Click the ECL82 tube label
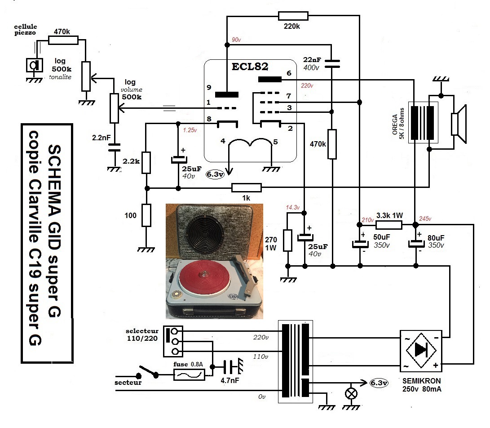250,67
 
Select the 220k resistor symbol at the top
293,16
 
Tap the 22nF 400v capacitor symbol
332,63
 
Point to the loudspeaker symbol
459,124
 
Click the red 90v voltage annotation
236,40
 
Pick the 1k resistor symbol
247,188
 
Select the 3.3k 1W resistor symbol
389,225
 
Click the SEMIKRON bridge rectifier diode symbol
421,350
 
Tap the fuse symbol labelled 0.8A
190,374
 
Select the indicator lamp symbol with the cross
351,393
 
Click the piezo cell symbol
34,65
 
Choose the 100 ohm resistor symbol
146,215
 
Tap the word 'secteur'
128,382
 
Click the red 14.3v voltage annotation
293,207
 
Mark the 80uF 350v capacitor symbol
416,244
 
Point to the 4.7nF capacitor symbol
230,366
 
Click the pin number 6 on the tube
289,73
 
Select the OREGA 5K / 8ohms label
398,124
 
